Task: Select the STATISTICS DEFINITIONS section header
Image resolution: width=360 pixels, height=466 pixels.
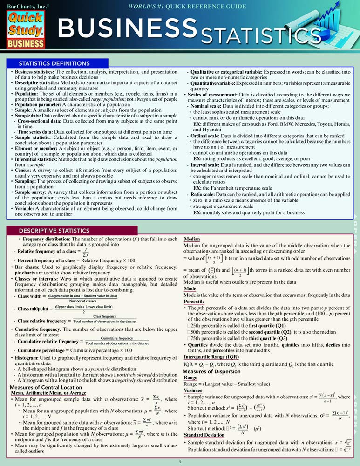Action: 54,63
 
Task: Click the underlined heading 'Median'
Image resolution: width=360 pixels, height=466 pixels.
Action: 193,239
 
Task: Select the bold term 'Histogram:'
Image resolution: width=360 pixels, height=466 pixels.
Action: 31,357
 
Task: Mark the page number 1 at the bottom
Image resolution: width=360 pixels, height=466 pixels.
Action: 180,462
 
